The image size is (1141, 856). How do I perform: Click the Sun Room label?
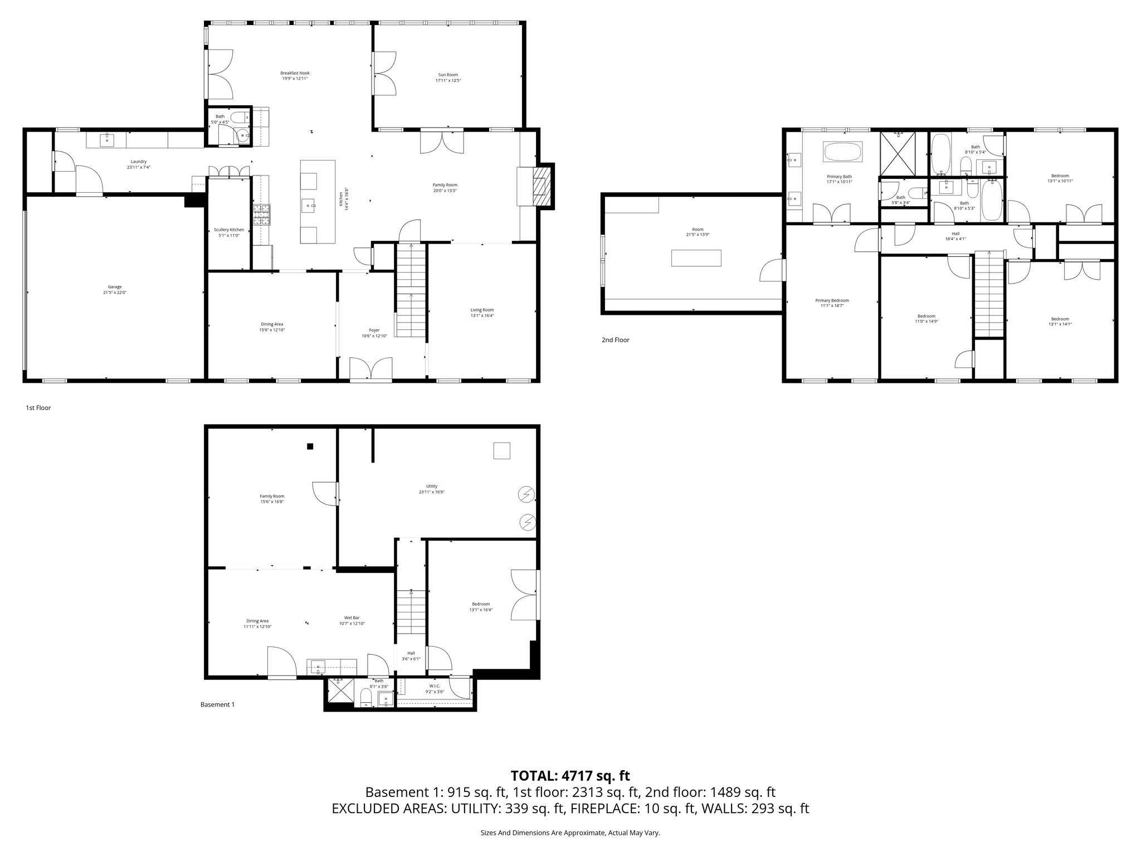pyautogui.click(x=448, y=74)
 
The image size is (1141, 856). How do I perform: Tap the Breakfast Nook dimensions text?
pyautogui.click(x=295, y=79)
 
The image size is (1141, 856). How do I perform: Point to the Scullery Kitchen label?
pyautogui.click(x=229, y=230)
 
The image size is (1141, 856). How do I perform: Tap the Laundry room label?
pyautogui.click(x=136, y=162)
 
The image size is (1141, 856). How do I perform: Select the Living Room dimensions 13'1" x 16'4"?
pyautogui.click(x=482, y=315)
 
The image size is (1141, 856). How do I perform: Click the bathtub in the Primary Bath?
pyautogui.click(x=842, y=152)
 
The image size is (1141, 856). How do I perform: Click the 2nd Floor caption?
pyautogui.click(x=615, y=339)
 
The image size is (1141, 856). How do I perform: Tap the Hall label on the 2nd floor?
pyautogui.click(x=955, y=234)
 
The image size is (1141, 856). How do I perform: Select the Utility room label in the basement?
pyautogui.click(x=432, y=486)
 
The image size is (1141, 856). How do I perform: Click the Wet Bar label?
pyautogui.click(x=352, y=617)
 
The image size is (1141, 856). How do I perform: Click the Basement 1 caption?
pyautogui.click(x=217, y=704)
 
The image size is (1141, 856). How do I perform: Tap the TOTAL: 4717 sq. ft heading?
pyautogui.click(x=570, y=775)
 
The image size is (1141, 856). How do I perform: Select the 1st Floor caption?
pyautogui.click(x=38, y=408)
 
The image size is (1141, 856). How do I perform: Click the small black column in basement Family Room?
pyautogui.click(x=310, y=446)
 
